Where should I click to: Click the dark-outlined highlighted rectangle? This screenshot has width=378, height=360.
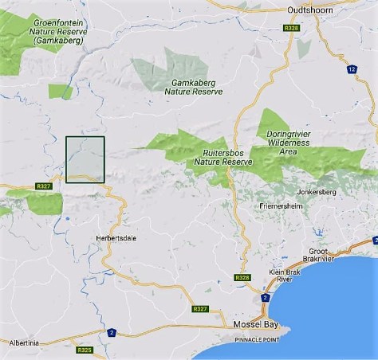(x=85, y=159)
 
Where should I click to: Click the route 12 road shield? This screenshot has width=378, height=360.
(x=351, y=69)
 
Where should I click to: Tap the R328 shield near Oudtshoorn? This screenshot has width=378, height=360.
(x=291, y=29)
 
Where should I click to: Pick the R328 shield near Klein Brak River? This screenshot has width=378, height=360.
(x=242, y=277)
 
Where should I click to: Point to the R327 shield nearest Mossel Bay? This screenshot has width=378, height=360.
(x=200, y=308)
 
